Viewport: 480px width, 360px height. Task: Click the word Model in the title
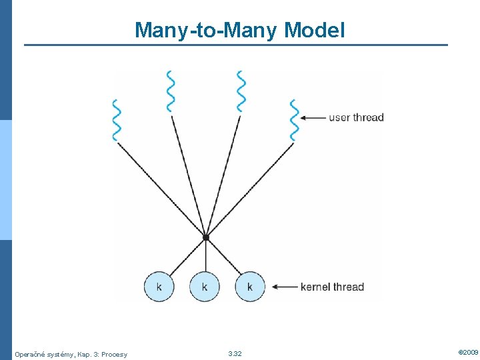[315, 30]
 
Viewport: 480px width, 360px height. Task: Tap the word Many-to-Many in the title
[207, 30]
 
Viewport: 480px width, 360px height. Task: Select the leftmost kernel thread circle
[159, 287]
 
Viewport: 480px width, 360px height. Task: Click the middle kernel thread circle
[205, 287]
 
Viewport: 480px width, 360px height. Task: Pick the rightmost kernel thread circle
[250, 287]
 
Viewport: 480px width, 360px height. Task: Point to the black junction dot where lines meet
[206, 237]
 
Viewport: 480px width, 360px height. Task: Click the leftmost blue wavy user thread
[117, 120]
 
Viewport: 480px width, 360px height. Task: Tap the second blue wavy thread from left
[171, 91]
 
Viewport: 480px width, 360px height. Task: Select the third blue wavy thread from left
[241, 91]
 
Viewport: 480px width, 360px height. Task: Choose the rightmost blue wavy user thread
[294, 120]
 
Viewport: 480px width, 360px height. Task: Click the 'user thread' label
[356, 118]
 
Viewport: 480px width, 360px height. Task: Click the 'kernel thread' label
[332, 287]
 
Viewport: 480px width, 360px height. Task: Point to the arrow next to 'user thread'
[313, 118]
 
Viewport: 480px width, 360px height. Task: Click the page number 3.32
[235, 353]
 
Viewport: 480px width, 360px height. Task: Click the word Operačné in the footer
[29, 354]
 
